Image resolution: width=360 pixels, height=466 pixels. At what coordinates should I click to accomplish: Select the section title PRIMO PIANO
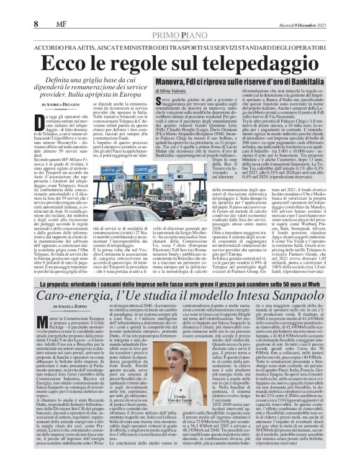(x=180, y=19)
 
